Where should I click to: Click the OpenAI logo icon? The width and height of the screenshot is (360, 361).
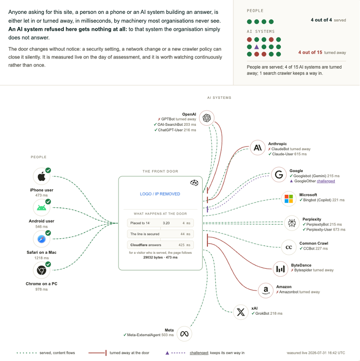point(206,118)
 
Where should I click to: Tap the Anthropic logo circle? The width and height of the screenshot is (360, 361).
point(257,147)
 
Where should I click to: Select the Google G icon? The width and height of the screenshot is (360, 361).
point(279,175)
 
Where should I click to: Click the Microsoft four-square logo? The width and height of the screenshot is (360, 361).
point(289,199)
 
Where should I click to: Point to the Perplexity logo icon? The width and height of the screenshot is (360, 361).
point(292,223)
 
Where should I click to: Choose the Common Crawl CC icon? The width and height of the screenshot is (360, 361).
point(289,247)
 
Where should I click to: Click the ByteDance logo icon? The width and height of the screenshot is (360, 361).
point(281,269)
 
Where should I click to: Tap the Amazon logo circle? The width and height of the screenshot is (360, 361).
point(266,290)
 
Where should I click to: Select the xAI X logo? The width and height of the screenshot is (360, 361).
point(241,312)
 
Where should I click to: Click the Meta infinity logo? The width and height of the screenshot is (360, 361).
point(184,334)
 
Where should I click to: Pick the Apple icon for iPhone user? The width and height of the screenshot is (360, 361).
point(42,176)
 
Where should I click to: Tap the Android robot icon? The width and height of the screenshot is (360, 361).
point(42,208)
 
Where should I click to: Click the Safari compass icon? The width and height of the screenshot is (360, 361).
point(42,239)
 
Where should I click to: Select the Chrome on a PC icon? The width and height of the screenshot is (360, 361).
point(42,270)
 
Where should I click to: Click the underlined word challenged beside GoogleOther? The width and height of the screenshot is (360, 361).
point(326,181)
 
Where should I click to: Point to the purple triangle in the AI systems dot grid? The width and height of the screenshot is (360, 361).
point(257,47)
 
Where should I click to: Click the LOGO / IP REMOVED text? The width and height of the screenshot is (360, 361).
point(160,194)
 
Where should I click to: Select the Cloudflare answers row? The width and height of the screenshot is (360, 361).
point(160,245)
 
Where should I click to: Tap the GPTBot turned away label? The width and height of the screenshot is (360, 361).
point(177,119)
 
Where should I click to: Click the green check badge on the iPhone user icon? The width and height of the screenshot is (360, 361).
point(48,170)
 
